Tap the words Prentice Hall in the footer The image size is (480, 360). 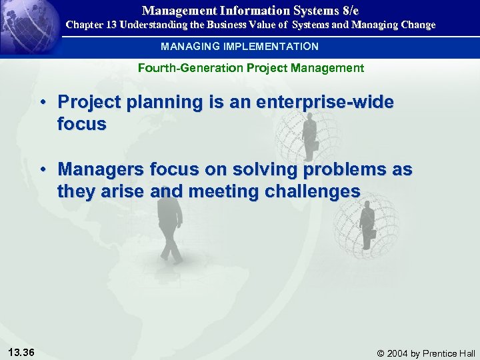coord(449,353)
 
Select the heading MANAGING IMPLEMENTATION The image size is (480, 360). coord(239,47)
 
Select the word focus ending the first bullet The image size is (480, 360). coord(81,125)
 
